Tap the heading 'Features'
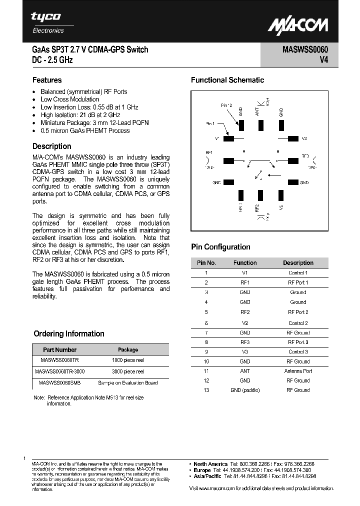pos(47,80)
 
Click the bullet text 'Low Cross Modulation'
pos(69,99)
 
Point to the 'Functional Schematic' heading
pos(227,80)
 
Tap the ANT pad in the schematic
pos(259,123)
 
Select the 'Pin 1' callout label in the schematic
pos(210,123)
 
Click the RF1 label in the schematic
pos(209,152)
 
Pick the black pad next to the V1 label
pos(228,138)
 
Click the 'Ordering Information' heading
pos(69,333)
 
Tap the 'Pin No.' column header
pos(206,262)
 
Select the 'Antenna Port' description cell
pos(298,371)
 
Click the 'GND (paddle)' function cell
pos(245,390)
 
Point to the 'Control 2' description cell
pos(298,323)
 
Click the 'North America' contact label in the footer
pos(211,464)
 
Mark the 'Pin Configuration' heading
pos(220,247)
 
